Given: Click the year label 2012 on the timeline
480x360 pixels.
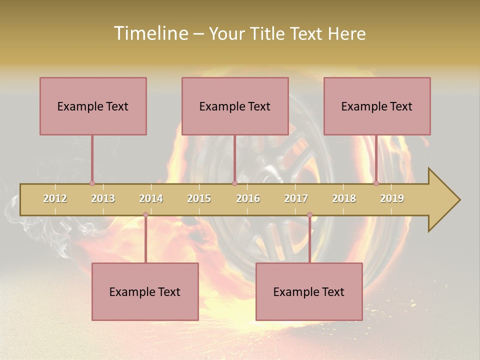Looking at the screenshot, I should (55, 198).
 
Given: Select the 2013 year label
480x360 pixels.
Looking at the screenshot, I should (103, 198).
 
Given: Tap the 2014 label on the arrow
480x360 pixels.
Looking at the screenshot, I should (151, 198).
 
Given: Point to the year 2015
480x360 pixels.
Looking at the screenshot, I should (199, 198).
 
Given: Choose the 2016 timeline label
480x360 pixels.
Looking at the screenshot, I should (248, 198).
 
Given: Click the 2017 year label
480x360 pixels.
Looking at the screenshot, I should (296, 198).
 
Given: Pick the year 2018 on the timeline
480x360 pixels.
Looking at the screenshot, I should (344, 198).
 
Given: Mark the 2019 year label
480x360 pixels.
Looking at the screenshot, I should (392, 198).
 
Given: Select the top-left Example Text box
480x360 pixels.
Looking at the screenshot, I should (93, 106).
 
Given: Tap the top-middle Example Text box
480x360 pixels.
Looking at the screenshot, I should (235, 106).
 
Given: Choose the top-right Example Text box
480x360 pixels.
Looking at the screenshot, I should (377, 106).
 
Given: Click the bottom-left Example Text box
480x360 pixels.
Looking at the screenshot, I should (145, 291).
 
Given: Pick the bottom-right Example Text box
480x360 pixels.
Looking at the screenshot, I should (309, 291).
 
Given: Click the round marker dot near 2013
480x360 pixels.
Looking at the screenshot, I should (92, 183).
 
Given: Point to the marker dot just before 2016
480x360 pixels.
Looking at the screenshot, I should (234, 183).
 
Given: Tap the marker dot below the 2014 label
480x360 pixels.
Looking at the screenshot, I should (145, 215).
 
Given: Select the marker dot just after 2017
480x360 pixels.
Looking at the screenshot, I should (309, 215).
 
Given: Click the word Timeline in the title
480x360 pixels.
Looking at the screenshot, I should (150, 33).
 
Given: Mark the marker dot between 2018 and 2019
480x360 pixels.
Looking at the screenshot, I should (376, 183).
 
